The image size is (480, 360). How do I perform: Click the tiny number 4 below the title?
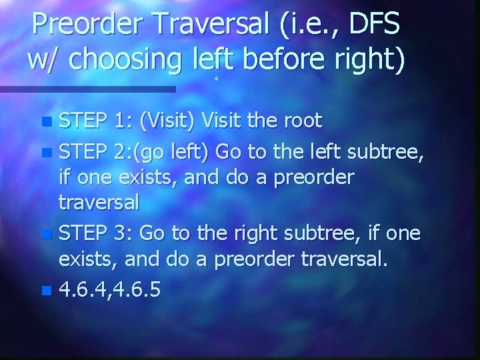point(216,79)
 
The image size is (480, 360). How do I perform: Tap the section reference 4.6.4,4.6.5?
point(109,289)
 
